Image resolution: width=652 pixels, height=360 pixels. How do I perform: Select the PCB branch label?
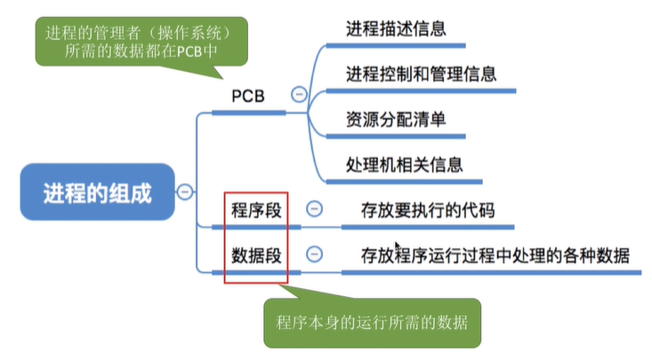click(249, 95)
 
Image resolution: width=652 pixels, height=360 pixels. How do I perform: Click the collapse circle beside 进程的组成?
click(185, 191)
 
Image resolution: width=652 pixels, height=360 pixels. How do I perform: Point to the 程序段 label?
click(256, 211)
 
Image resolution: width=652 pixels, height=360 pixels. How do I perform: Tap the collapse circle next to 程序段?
click(314, 209)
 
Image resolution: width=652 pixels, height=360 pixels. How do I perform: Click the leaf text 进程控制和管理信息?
click(422, 73)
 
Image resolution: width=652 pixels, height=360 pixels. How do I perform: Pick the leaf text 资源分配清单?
click(396, 119)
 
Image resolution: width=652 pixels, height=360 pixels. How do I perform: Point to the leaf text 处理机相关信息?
click(403, 165)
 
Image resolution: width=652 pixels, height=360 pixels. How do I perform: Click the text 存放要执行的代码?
click(427, 211)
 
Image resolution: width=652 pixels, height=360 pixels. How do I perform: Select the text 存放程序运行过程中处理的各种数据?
click(495, 256)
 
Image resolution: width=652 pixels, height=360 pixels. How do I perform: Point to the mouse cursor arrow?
click(397, 246)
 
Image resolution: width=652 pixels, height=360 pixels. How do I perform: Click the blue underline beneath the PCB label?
click(249, 113)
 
